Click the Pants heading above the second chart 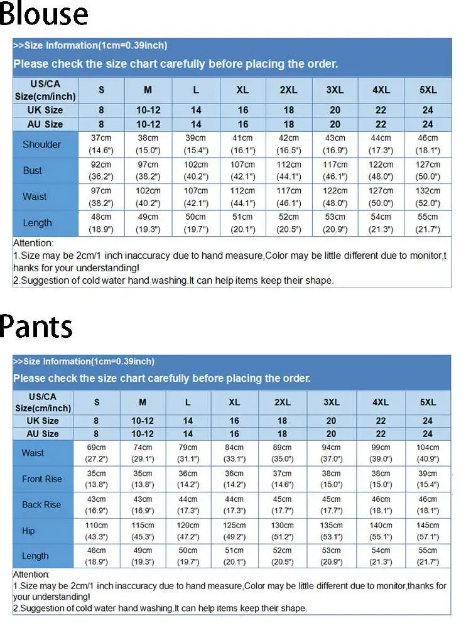[x=36, y=326]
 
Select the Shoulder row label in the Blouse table [x=42, y=144]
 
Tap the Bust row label [x=33, y=170]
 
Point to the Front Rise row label [x=42, y=479]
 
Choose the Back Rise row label [x=41, y=505]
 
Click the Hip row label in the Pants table [x=28, y=531]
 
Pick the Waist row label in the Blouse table [x=35, y=197]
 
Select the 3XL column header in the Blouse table [x=335, y=90]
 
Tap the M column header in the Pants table [x=143, y=402]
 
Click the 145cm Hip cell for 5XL [x=428, y=531]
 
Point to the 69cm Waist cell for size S [x=97, y=453]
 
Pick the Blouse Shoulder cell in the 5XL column [x=428, y=144]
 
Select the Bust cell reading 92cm [x=101, y=170]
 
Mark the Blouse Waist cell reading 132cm [x=428, y=197]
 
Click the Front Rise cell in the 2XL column [x=283, y=479]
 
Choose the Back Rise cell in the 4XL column [x=381, y=505]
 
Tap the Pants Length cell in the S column [x=97, y=556]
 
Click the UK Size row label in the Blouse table [x=45, y=110]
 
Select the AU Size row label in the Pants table [x=43, y=434]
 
